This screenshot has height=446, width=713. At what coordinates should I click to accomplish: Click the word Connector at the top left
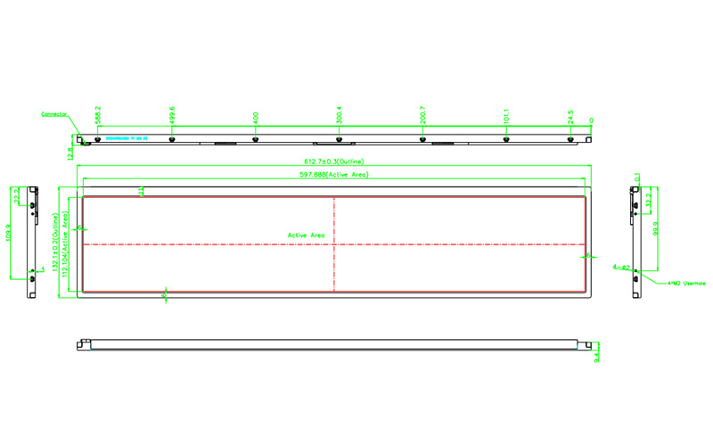54,114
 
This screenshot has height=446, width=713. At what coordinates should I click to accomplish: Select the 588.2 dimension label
97,115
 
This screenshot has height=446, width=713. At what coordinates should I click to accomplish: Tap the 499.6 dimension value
171,115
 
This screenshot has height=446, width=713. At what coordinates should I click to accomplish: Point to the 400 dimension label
255,117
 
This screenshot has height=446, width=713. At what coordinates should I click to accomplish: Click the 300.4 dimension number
339,115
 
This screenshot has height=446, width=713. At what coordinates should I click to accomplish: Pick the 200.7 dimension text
422,115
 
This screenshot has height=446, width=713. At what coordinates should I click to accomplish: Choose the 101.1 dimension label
506,116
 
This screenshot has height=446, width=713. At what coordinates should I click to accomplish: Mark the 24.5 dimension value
570,117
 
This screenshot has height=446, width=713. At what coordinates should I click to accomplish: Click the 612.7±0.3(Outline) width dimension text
334,161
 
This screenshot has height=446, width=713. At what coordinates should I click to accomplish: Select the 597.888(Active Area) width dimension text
334,175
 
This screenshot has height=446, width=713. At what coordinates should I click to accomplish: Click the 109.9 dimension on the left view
10,234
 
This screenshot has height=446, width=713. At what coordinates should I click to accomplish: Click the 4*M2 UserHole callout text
686,284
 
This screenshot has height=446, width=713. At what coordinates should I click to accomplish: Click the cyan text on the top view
125,138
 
